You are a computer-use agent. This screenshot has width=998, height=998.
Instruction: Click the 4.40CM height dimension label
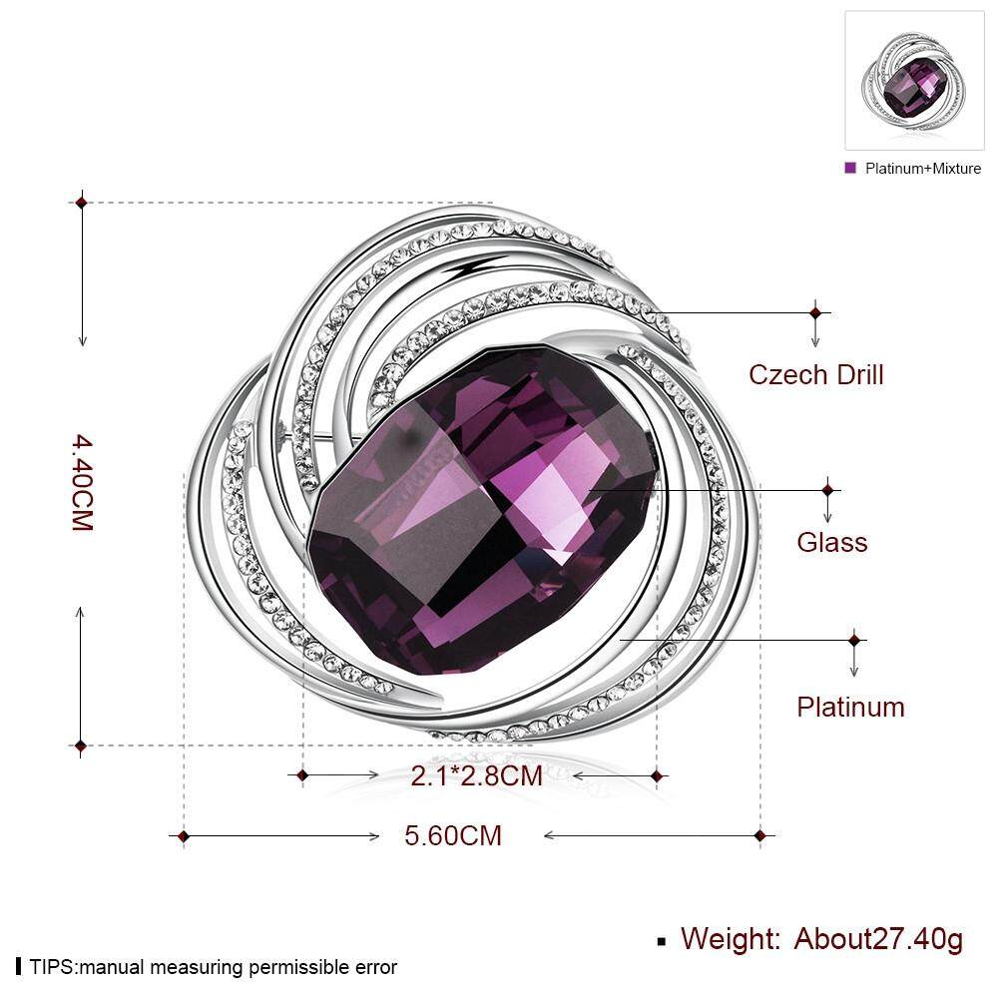tap(83, 482)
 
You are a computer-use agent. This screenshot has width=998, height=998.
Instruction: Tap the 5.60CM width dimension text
tap(452, 835)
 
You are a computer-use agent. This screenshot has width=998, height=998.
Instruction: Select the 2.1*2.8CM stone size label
tap(476, 775)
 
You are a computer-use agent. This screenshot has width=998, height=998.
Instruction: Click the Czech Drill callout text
tap(816, 375)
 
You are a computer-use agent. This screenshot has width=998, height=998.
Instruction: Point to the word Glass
tap(832, 542)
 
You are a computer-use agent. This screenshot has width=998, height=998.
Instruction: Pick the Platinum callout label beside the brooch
tap(850, 708)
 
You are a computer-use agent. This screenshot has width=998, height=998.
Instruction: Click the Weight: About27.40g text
tap(821, 939)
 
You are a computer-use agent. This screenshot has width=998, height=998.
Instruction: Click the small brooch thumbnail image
tap(914, 80)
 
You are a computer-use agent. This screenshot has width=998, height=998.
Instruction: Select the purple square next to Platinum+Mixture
tap(850, 168)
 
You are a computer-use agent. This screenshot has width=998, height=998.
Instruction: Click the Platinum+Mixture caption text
tap(923, 169)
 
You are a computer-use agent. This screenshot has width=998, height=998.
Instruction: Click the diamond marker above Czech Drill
tap(815, 313)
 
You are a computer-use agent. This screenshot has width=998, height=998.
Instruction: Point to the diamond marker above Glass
tap(827, 490)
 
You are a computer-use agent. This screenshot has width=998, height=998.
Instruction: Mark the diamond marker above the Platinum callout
tap(854, 641)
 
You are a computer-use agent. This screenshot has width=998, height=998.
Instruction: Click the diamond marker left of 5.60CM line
tap(184, 835)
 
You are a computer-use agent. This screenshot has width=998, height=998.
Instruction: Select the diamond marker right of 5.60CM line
tap(759, 835)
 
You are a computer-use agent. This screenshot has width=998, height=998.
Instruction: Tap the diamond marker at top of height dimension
tap(81, 203)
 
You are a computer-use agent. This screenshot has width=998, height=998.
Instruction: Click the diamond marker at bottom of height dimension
tap(81, 746)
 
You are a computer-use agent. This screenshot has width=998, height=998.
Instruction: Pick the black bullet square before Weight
tap(662, 942)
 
